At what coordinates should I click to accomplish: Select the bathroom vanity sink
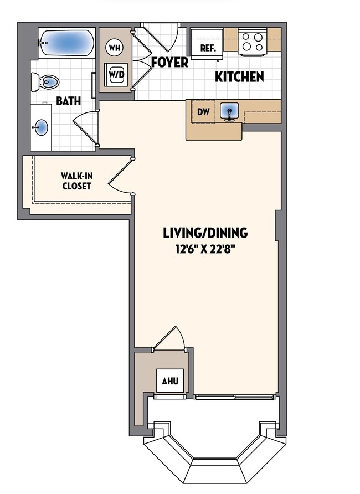pos(40,127)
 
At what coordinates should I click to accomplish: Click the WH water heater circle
pos(115,48)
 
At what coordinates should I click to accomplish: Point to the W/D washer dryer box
pos(116,74)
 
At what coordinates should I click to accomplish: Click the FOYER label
pos(169,63)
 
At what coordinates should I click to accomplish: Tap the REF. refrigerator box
pos(207,48)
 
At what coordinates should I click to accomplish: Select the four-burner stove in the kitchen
pos(252,42)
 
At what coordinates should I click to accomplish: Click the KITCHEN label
pos(239,77)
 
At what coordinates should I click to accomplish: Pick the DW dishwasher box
pos(203,112)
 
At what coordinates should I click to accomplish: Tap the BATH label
pos(68,101)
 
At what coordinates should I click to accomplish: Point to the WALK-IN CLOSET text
pos(76,181)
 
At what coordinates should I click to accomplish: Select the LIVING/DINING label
pos(205,233)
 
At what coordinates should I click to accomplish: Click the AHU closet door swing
pos(171,338)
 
